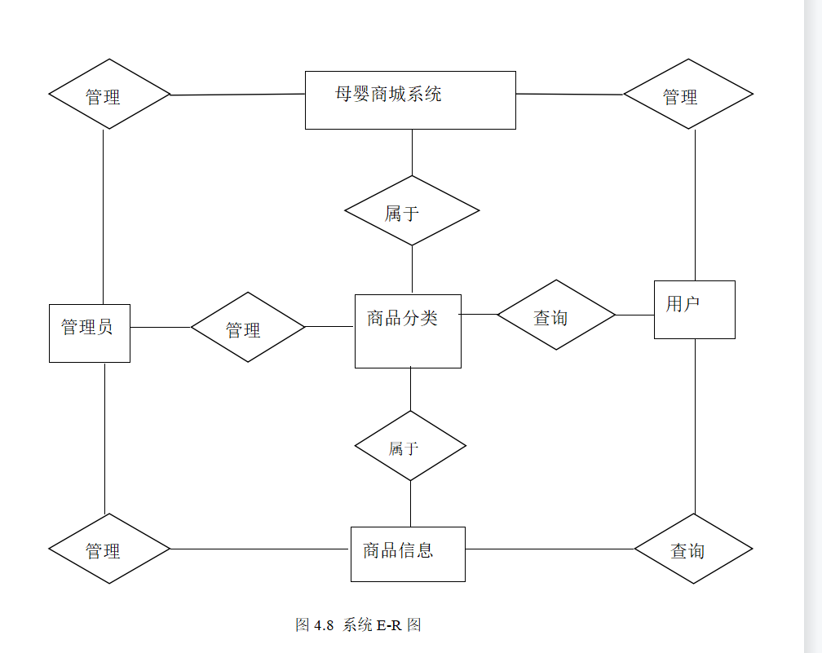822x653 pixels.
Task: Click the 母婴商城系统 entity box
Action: [x=410, y=99]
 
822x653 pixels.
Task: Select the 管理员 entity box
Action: [x=90, y=333]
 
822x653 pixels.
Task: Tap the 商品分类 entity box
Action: [x=408, y=331]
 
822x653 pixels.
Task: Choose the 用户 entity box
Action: [x=694, y=309]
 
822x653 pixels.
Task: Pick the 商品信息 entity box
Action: [x=408, y=554]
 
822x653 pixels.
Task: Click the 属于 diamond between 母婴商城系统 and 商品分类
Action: [x=412, y=210]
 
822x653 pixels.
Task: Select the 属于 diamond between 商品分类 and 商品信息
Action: [x=410, y=446]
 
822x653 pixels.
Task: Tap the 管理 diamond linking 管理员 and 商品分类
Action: [x=248, y=327]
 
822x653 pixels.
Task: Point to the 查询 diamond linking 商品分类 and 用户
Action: [x=556, y=315]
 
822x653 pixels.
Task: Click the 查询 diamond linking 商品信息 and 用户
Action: [x=693, y=549]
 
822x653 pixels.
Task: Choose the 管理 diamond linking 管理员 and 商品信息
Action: [x=109, y=549]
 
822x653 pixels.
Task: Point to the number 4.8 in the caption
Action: [x=325, y=625]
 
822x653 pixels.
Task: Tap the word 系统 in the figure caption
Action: [x=357, y=625]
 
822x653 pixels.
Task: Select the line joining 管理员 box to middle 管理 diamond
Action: [x=160, y=327]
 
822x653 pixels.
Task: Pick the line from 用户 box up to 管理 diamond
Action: [x=695, y=204]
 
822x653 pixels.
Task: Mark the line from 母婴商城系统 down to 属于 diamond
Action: [x=412, y=152]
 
